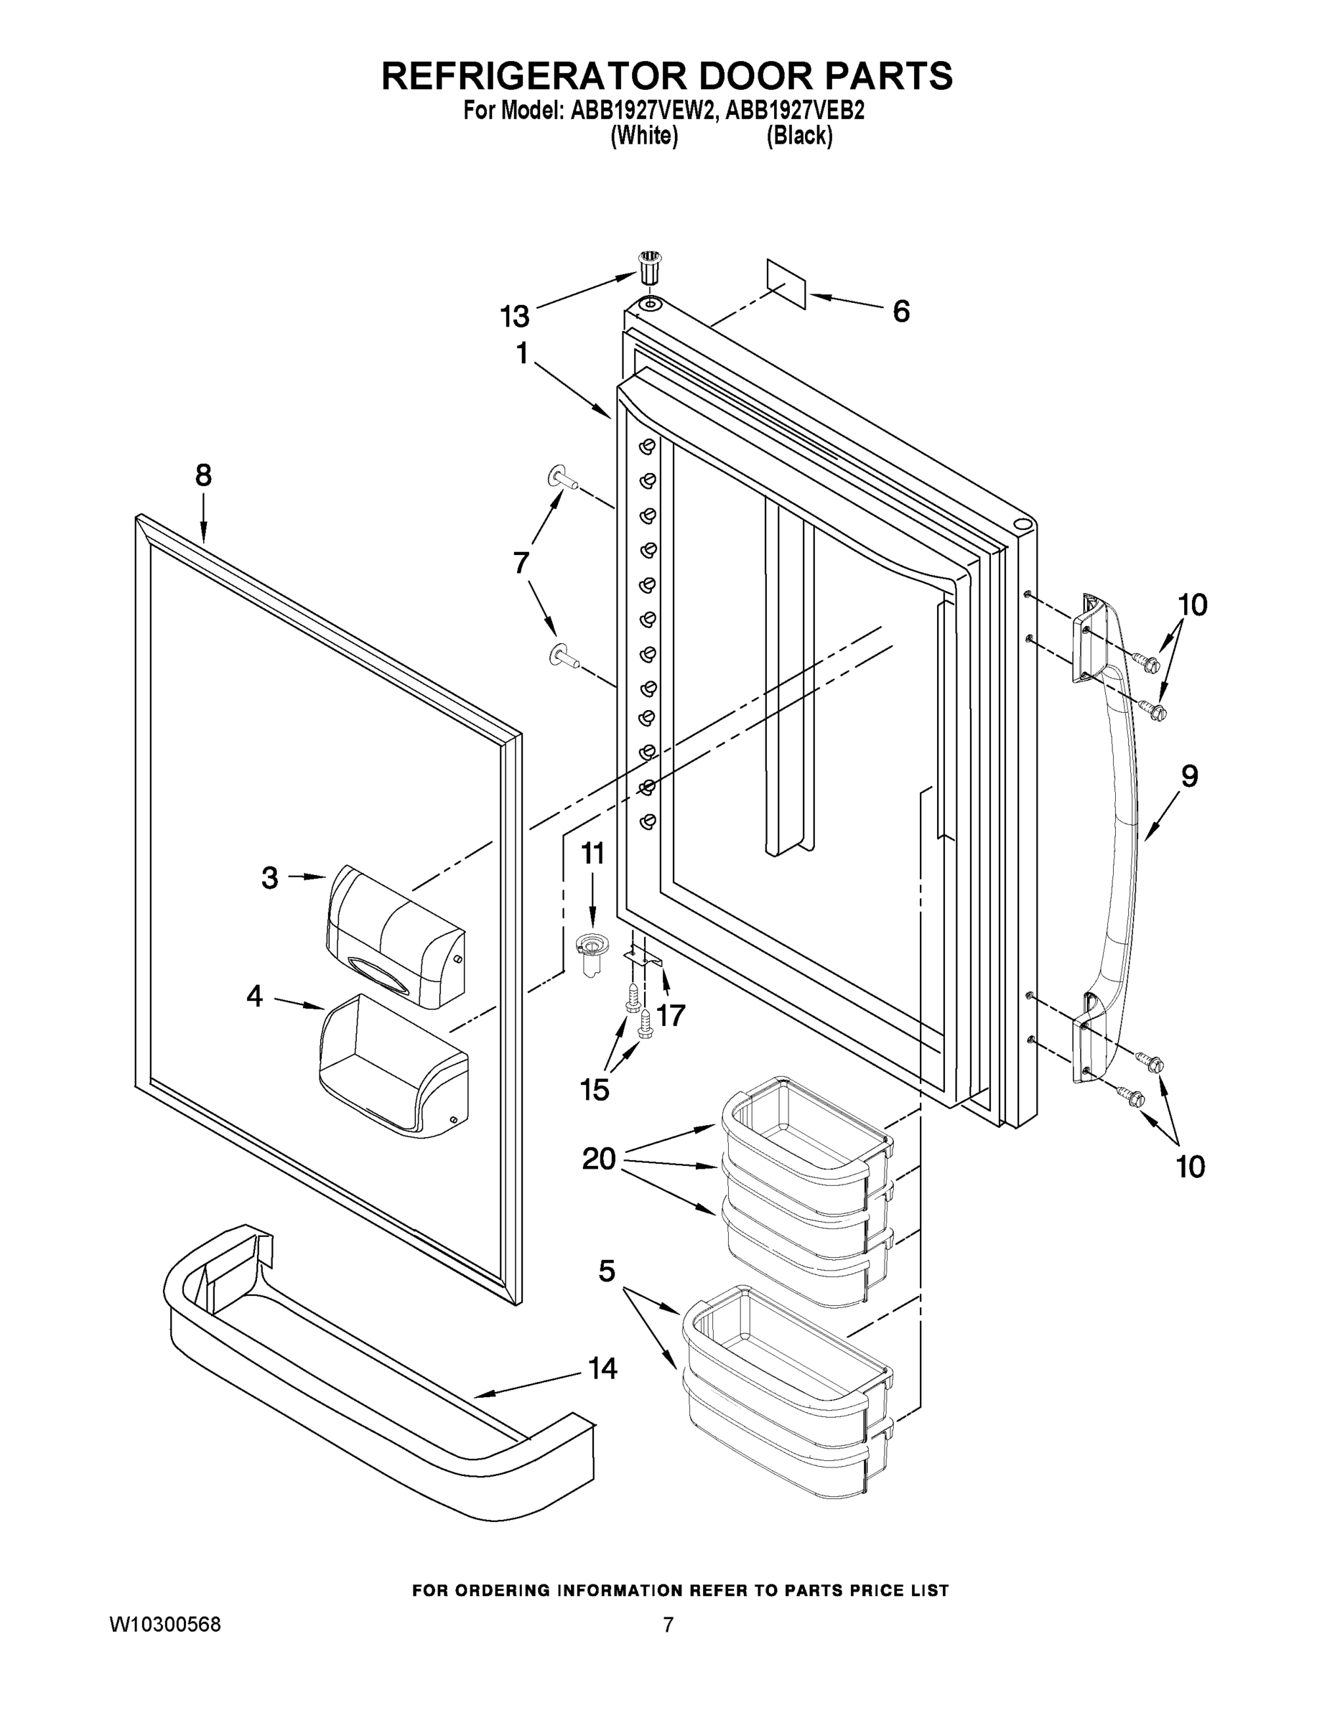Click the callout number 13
pyautogui.click(x=515, y=317)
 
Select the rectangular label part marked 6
pyautogui.click(x=786, y=284)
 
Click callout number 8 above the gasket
pyautogui.click(x=204, y=476)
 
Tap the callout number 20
pyautogui.click(x=599, y=1158)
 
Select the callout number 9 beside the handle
pyautogui.click(x=1189, y=776)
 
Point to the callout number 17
pyautogui.click(x=670, y=1014)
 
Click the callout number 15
pyautogui.click(x=594, y=1090)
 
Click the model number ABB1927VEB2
pyautogui.click(x=795, y=111)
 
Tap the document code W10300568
pyautogui.click(x=165, y=1625)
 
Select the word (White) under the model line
pyautogui.click(x=644, y=136)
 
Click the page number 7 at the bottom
pyautogui.click(x=668, y=1625)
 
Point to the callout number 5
pyautogui.click(x=606, y=1271)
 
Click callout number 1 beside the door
pyautogui.click(x=522, y=354)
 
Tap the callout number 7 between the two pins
pyautogui.click(x=521, y=564)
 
